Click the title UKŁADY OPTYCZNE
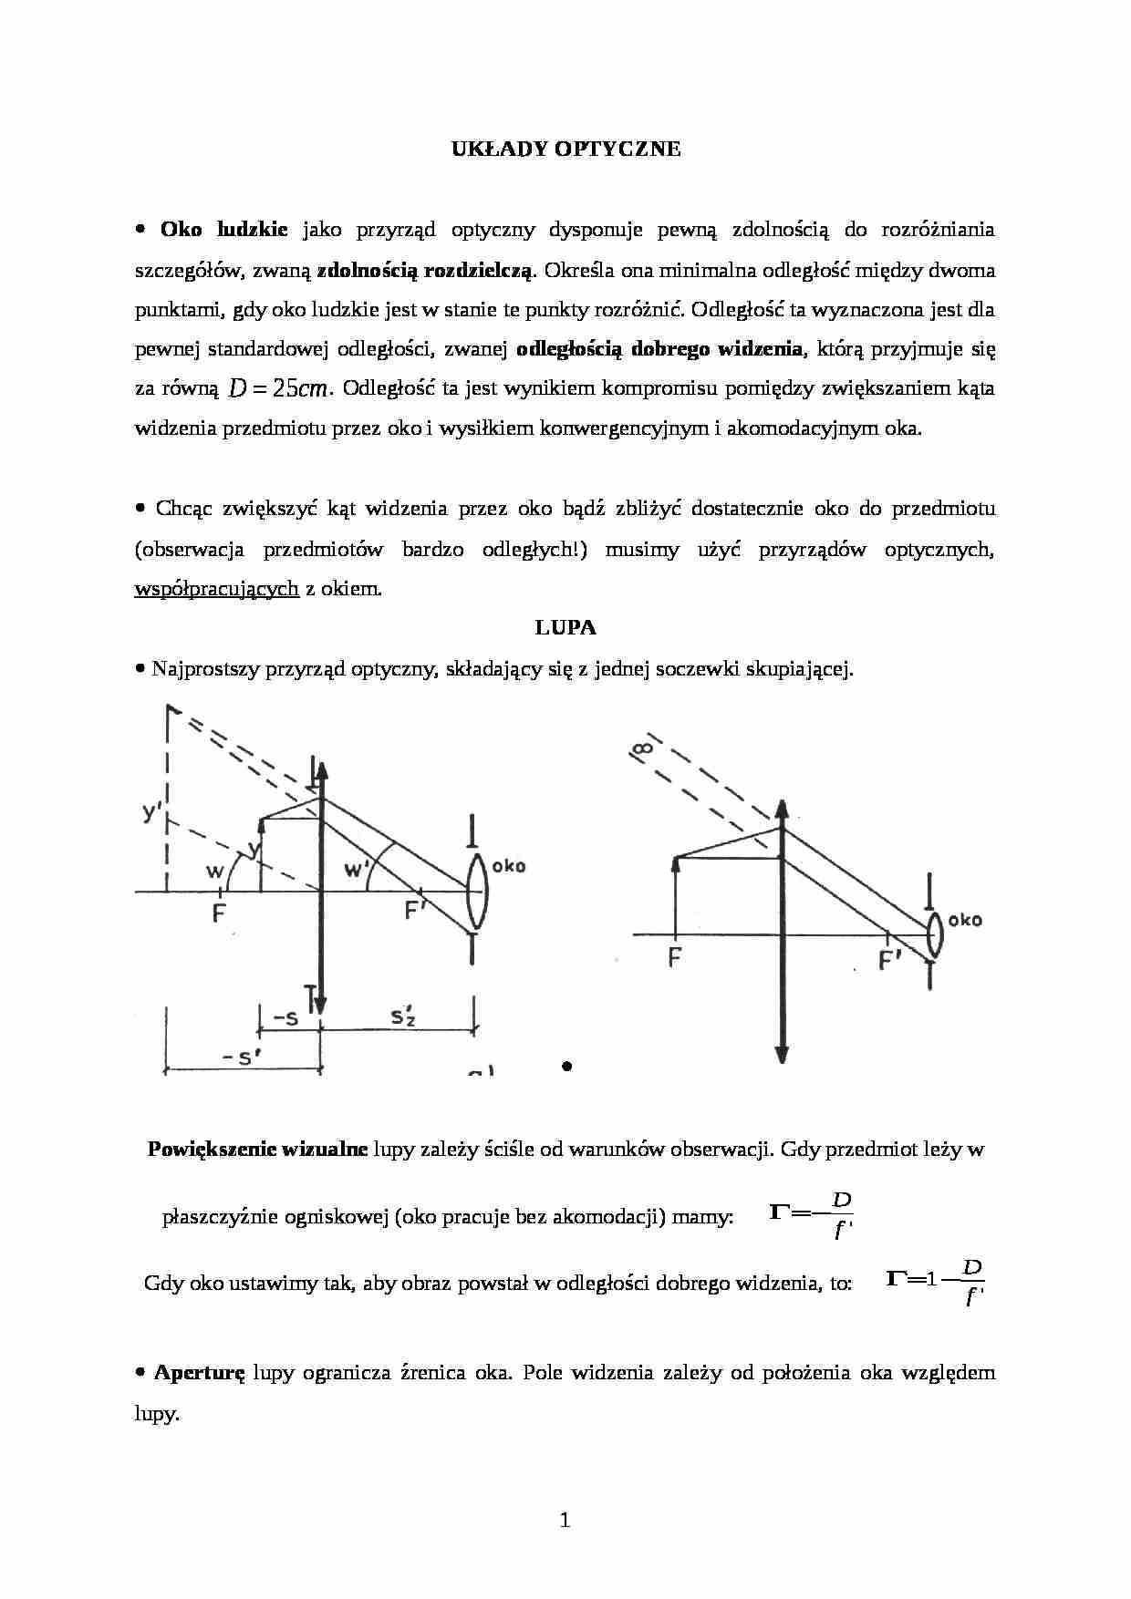(x=565, y=150)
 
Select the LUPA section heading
(x=565, y=627)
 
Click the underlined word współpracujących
(x=216, y=589)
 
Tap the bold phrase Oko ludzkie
(x=223, y=230)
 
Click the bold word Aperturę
(x=200, y=1373)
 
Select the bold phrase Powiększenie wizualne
(x=257, y=1150)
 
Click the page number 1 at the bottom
(x=565, y=1520)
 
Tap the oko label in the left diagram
(x=508, y=866)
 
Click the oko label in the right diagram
(x=965, y=920)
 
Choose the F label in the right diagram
(x=675, y=958)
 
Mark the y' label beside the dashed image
(x=152, y=811)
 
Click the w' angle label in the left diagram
(x=354, y=871)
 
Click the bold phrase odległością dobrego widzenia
(x=659, y=349)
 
